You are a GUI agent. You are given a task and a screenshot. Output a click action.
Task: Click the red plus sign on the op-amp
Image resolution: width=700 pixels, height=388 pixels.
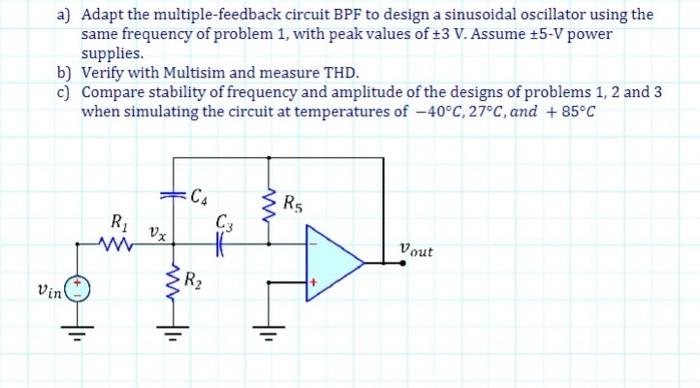click(312, 284)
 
